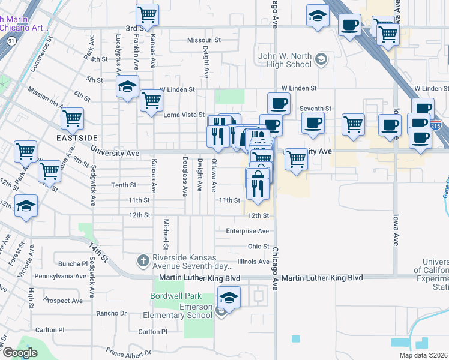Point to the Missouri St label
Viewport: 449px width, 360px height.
pos(204,40)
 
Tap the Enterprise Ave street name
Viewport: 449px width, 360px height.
pos(247,231)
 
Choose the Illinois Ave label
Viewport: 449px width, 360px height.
pos(253,262)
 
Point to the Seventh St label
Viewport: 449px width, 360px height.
pos(316,109)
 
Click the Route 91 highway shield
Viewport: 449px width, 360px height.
pos(11,41)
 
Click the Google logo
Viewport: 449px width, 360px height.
pos(19,353)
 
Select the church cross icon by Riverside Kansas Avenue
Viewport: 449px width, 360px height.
pos(143,260)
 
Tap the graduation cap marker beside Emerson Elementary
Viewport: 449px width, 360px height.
pos(229,296)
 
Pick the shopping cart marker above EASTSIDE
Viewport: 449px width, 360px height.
pos(72,118)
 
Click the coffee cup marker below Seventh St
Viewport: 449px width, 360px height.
pos(312,123)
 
